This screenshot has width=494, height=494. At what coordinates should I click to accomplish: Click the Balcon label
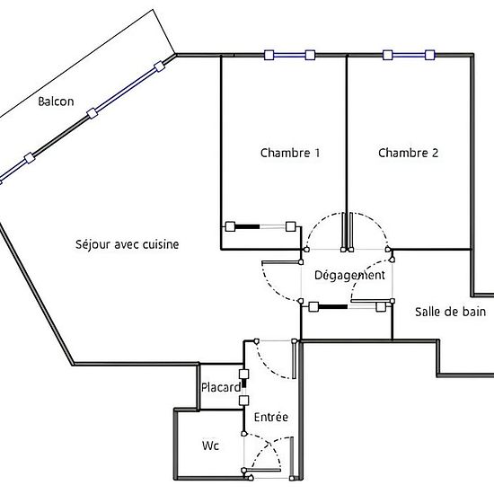[x=56, y=101]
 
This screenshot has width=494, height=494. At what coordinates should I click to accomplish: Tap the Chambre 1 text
[x=290, y=153]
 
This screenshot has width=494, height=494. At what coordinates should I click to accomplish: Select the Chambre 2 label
[x=408, y=153]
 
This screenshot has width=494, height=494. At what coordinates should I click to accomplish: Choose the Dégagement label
[x=349, y=276]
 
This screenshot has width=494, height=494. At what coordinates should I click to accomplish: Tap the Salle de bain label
[x=450, y=312]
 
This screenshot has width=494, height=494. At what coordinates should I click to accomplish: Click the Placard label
[x=220, y=388]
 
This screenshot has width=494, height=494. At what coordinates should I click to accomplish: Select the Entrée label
[x=270, y=418]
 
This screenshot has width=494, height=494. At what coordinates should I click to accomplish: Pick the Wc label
[x=209, y=445]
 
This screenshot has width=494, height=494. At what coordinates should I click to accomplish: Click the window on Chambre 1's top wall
[x=289, y=55]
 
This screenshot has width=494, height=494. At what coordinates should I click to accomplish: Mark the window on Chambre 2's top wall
[x=407, y=55]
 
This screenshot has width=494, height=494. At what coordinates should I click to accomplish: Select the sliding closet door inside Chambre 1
[x=260, y=225]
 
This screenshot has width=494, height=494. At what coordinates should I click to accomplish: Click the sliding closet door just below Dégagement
[x=347, y=307]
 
